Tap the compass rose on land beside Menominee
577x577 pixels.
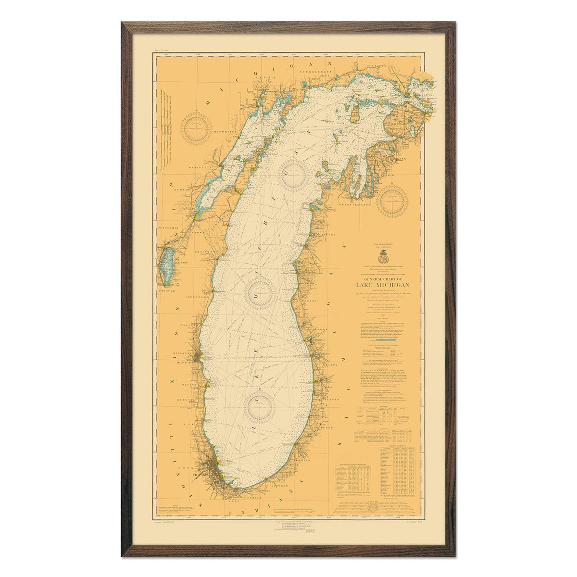click(x=196, y=126)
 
